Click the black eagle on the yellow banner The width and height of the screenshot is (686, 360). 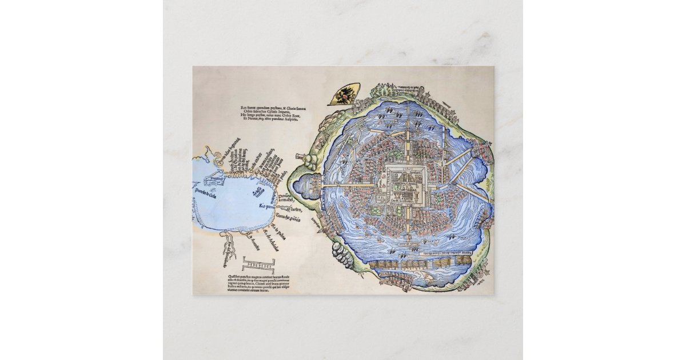(345, 95)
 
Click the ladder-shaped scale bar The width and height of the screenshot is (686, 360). (258, 263)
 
